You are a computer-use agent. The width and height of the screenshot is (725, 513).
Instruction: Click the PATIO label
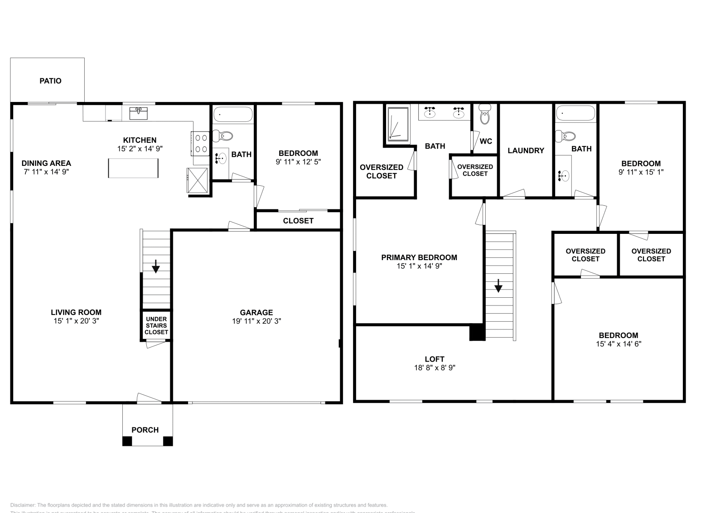tap(50, 81)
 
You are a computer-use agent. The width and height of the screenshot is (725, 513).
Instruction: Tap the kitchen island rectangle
tap(133, 168)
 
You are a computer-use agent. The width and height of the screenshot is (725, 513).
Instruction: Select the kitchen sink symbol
tap(138, 113)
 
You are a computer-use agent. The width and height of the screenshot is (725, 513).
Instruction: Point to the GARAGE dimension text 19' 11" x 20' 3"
tap(256, 321)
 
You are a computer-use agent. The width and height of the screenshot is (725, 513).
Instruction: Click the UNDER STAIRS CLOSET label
tap(156, 325)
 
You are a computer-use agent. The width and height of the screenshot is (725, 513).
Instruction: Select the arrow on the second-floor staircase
tap(498, 286)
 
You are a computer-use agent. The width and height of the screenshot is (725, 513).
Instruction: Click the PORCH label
tap(145, 430)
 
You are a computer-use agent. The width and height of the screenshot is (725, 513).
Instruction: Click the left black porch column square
tap(127, 440)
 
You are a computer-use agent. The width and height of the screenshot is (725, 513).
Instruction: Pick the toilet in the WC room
tap(485, 115)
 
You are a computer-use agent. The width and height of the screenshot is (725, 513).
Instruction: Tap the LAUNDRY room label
tap(526, 150)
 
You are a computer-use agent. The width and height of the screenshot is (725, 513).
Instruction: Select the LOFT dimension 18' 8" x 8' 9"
tap(435, 368)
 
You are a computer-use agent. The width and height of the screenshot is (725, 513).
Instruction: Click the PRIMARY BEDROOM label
tap(419, 257)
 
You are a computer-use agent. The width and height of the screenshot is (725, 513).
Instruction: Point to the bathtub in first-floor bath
tap(233, 115)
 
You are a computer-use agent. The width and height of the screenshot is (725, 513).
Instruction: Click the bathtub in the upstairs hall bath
tap(575, 113)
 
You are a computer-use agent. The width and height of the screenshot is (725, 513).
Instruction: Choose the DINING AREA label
tap(46, 163)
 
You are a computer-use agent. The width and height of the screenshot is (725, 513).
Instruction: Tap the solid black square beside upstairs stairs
tap(477, 332)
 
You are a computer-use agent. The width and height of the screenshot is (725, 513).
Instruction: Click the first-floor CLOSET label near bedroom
tap(298, 221)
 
